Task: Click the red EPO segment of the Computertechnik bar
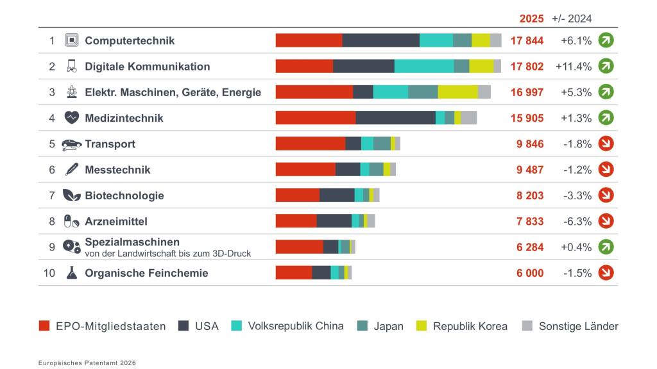(x=309, y=40)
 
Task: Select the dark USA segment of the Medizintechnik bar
(x=395, y=118)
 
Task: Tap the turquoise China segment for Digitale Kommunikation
(x=424, y=66)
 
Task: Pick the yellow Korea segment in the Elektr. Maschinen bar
(x=458, y=92)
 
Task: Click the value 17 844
(x=527, y=40)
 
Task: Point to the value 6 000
(x=529, y=273)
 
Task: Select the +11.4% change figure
(x=574, y=67)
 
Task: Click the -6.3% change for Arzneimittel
(x=577, y=221)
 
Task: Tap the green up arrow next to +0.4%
(x=606, y=247)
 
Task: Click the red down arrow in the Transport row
(x=606, y=143)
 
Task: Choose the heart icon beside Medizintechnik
(x=72, y=118)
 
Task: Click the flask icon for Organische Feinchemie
(x=72, y=273)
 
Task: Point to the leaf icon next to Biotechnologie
(x=72, y=195)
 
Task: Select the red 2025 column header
(x=531, y=19)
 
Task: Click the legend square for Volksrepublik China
(x=236, y=326)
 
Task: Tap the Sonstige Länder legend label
(x=578, y=326)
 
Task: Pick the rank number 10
(x=49, y=273)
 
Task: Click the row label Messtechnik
(x=117, y=170)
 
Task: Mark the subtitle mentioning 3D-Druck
(x=167, y=254)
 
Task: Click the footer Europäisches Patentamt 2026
(x=87, y=363)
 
